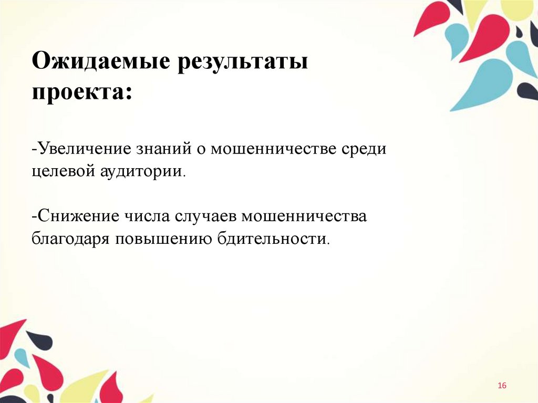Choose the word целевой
62,171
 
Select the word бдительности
274,239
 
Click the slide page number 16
502,386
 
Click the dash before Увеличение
34,149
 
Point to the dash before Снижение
34,216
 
